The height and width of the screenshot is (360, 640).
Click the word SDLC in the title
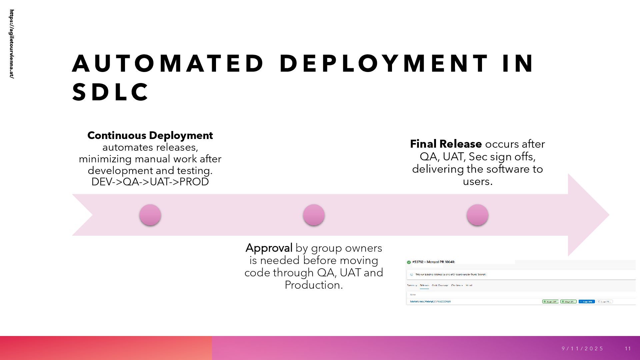(110, 92)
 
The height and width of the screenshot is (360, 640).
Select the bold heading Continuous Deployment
(150, 135)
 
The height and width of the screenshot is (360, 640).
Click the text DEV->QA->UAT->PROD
(150, 182)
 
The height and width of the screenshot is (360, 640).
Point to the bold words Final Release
(446, 144)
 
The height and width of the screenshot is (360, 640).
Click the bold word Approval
(269, 248)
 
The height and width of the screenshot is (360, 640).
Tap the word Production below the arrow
(313, 285)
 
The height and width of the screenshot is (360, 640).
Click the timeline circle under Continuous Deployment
(150, 215)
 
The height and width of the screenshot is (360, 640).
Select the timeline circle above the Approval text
(314, 215)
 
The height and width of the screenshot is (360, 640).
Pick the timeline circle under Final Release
(477, 215)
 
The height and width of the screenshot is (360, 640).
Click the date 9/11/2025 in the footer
(583, 349)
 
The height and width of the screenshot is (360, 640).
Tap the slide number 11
(628, 349)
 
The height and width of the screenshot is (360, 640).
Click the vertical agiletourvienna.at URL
(12, 44)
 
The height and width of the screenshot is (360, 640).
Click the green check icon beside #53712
(409, 262)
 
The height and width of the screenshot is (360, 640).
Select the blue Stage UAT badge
(586, 302)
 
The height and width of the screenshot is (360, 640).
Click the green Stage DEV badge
(550, 302)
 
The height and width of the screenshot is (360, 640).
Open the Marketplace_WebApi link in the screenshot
(430, 302)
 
